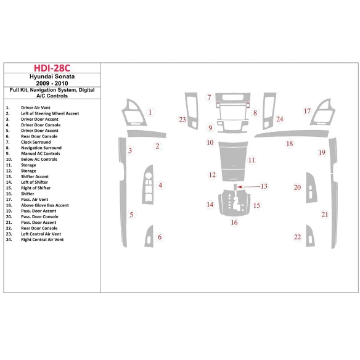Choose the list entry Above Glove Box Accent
pos(44,205)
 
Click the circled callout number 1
pos(150,112)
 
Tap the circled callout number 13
pos(264,186)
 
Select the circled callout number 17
pos(306,112)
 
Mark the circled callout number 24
pos(279,119)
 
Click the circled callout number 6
pos(160,237)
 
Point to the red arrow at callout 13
pos(247,186)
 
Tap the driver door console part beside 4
pos(148,185)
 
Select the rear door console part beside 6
pos(149,237)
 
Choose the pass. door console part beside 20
pos(308,187)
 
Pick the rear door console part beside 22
pos(309,237)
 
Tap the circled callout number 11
pos(252,160)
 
